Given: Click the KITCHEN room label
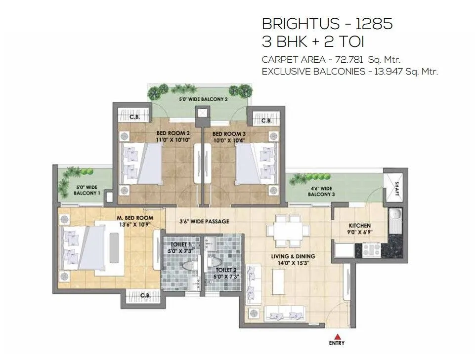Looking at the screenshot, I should click(x=360, y=226).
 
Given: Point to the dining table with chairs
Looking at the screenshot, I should click(x=282, y=234).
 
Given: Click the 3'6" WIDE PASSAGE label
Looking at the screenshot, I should click(x=204, y=222).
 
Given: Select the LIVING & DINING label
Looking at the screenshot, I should click(x=293, y=256).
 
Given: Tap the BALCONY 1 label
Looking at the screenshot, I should click(x=86, y=193).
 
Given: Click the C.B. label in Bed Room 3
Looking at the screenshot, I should click(x=266, y=120).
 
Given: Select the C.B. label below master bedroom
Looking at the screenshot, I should click(x=145, y=295).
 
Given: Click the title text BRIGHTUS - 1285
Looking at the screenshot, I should click(x=327, y=24).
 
